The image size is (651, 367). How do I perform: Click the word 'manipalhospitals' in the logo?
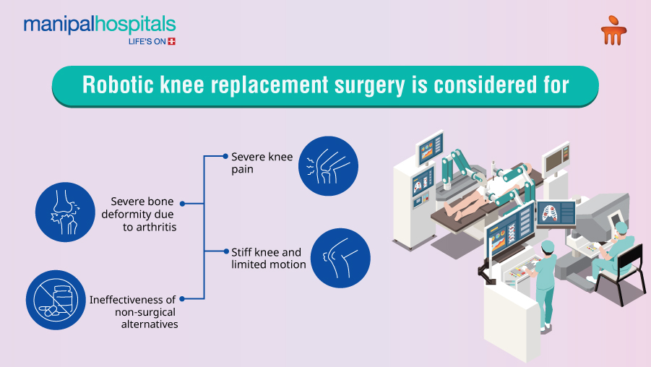click(x=99, y=25)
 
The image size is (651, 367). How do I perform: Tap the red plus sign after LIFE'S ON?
click(x=172, y=42)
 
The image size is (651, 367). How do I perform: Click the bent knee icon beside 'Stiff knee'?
click(x=340, y=258)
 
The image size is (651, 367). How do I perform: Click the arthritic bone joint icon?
click(x=65, y=212)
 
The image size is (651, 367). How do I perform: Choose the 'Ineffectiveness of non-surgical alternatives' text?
click(x=135, y=311)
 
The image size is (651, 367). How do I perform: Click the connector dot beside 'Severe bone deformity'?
click(x=181, y=204)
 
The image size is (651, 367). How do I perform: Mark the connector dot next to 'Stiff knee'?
click(x=225, y=251)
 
